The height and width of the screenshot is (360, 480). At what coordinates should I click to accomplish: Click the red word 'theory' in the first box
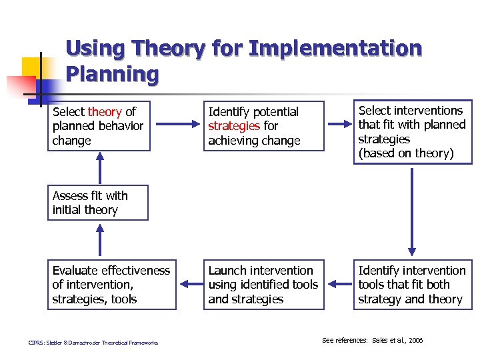coord(105,112)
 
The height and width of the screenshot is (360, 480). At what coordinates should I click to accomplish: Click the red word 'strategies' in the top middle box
coord(233,126)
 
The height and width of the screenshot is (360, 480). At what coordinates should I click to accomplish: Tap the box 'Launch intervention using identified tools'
coord(264,285)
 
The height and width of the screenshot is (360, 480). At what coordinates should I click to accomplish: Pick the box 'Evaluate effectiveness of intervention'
coord(111,285)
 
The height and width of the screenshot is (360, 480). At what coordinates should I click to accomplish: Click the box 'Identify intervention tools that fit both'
coord(412,285)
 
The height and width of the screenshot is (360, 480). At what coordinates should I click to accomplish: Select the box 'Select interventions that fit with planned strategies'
coord(412,132)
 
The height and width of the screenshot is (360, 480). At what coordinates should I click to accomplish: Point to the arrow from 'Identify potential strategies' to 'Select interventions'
coord(339,125)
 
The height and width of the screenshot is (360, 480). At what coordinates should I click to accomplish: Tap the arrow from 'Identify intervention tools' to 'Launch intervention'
coord(339,285)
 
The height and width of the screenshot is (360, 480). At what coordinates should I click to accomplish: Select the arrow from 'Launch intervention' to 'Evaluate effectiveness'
coord(190,285)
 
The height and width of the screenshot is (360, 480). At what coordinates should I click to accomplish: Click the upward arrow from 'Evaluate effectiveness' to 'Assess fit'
coord(100,240)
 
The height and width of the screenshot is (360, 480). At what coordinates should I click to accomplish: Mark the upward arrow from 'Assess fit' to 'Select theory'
coord(100,168)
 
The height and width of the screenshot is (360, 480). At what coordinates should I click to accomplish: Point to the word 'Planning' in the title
coord(112,74)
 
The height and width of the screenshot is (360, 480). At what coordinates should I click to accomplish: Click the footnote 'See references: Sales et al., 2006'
coord(372,341)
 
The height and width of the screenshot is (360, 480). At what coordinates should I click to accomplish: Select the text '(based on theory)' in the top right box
coord(405,154)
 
